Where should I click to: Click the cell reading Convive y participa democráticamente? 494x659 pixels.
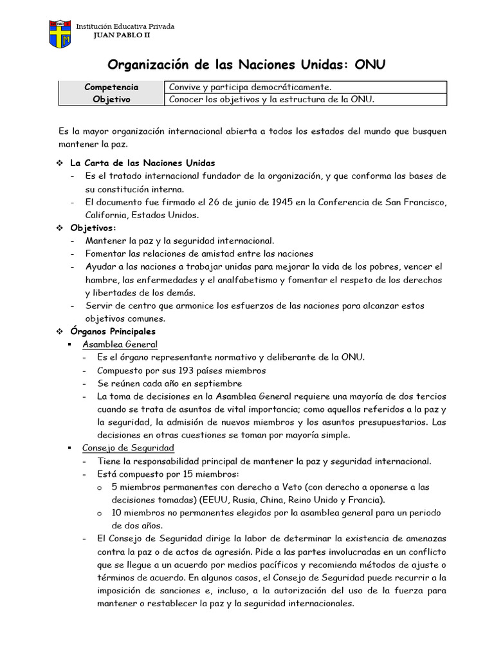pyautogui.click(x=250, y=87)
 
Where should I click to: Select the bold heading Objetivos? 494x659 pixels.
pyautogui.click(x=94, y=228)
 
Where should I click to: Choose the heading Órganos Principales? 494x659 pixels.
pyautogui.click(x=113, y=331)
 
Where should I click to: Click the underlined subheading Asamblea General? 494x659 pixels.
pyautogui.click(x=120, y=344)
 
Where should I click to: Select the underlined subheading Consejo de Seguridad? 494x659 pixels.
pyautogui.click(x=128, y=448)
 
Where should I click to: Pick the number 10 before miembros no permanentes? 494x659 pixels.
pyautogui.click(x=116, y=513)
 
